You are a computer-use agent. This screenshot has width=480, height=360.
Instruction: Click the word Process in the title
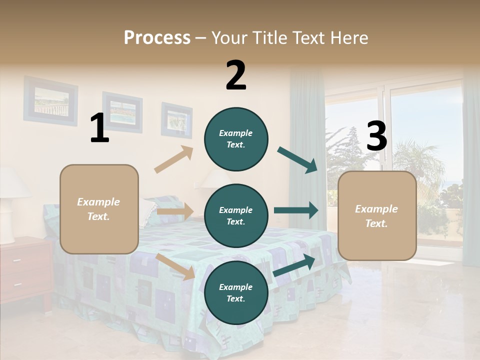(157, 37)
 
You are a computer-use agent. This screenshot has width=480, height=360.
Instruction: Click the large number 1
(99, 128)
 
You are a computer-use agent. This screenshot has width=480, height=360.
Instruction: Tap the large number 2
(236, 75)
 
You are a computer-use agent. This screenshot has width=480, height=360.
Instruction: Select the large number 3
(376, 136)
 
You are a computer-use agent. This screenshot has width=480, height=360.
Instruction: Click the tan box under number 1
(99, 209)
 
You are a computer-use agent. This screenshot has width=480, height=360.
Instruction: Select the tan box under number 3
(377, 215)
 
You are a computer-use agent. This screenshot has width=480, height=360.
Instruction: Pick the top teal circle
(236, 139)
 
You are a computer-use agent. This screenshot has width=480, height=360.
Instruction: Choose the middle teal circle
(236, 215)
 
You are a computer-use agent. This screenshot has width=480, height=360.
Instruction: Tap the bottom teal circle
(236, 292)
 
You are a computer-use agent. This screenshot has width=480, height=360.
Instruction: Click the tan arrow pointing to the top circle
(174, 159)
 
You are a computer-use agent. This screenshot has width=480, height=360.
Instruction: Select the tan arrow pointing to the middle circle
(174, 211)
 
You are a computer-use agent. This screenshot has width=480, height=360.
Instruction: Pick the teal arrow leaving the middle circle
(295, 210)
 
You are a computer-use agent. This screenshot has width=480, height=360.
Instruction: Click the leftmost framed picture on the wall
(50, 100)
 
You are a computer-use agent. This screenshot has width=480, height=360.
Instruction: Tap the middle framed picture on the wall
(122, 112)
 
